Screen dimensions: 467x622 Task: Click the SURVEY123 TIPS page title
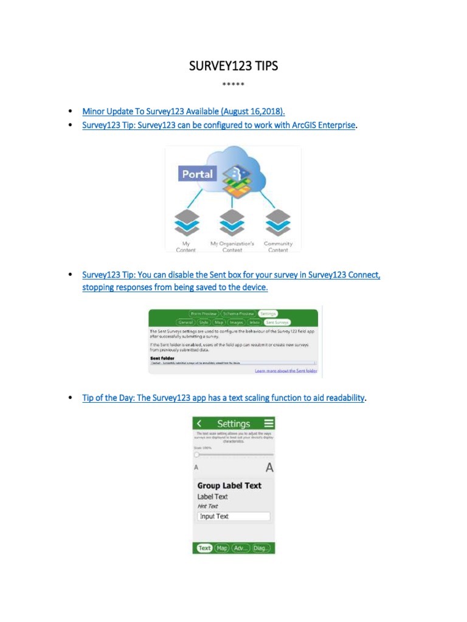233,66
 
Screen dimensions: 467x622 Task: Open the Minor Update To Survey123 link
184,111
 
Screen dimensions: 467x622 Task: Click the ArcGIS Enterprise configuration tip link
218,125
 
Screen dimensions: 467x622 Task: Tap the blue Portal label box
198,174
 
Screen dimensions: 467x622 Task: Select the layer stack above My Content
185,223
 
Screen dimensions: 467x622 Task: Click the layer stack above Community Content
278,223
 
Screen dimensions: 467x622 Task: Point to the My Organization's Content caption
232,247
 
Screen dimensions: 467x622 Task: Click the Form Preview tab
203,313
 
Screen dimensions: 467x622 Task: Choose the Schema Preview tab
238,313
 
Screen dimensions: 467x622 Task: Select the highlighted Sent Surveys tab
277,322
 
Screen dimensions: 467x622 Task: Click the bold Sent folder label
162,358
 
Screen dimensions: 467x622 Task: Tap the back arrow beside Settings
199,423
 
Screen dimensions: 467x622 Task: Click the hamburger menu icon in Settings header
268,423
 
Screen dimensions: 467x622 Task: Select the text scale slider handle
196,454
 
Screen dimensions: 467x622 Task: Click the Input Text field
233,516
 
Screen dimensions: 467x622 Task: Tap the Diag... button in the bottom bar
261,548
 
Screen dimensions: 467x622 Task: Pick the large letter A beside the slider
269,468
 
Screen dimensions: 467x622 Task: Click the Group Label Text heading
229,485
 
